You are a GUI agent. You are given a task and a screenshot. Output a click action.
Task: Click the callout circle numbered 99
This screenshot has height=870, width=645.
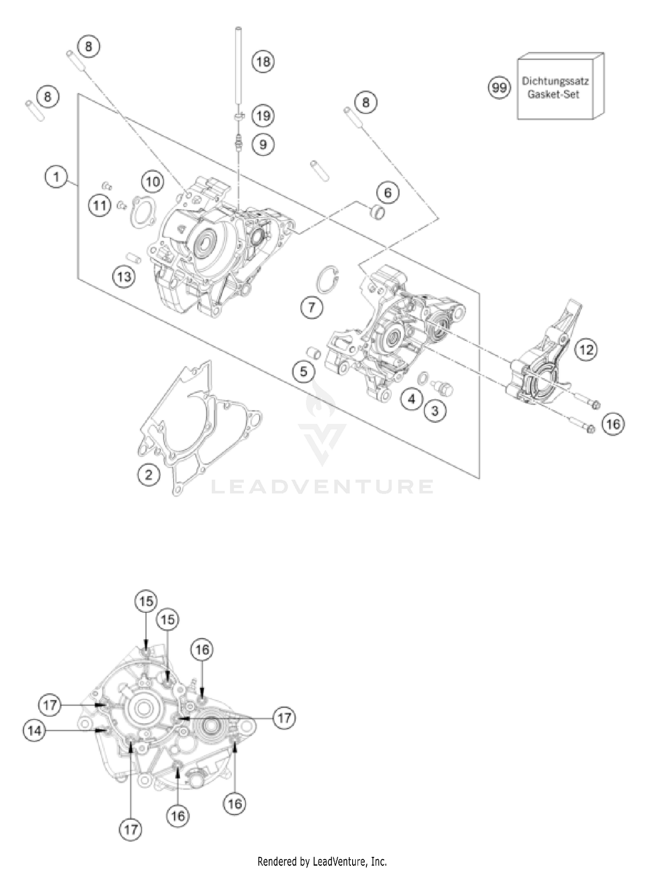(499, 88)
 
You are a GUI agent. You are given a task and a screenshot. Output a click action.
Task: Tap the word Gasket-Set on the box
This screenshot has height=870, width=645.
(553, 95)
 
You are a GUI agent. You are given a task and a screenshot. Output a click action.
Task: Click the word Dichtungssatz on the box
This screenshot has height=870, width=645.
(555, 81)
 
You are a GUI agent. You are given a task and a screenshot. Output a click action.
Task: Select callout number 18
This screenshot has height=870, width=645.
(263, 62)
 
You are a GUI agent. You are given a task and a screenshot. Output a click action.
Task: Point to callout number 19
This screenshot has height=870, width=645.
(263, 116)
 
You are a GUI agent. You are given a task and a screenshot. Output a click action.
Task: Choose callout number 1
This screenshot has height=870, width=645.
(56, 176)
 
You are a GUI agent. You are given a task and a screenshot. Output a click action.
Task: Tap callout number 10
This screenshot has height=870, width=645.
(153, 182)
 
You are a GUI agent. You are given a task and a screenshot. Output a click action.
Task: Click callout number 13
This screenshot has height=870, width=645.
(124, 277)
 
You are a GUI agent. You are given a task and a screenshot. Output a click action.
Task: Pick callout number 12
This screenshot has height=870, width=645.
(587, 350)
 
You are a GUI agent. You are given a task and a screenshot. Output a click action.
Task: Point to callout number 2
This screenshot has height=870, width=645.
(149, 475)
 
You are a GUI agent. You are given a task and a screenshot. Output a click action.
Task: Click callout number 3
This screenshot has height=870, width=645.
(435, 410)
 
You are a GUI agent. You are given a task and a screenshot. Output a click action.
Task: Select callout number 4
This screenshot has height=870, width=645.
(412, 399)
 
